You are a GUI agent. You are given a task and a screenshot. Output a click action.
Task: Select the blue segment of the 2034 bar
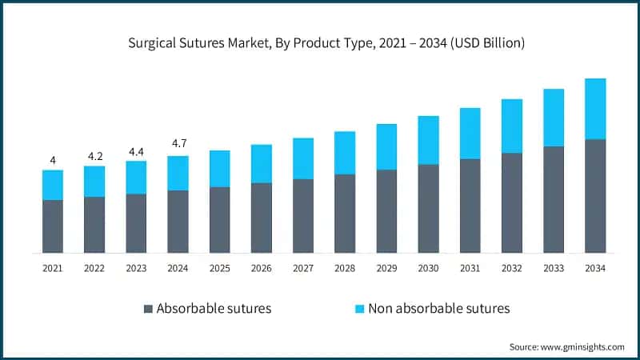tap(595, 109)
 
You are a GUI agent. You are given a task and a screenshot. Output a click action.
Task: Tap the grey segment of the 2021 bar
tap(53, 226)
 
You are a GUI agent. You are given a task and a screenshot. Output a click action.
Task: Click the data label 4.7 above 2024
tap(178, 144)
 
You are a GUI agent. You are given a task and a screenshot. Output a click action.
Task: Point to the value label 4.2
tap(94, 155)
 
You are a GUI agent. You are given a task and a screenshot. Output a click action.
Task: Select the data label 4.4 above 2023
tap(136, 150)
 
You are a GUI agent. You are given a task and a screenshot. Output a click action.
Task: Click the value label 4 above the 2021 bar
tap(53, 160)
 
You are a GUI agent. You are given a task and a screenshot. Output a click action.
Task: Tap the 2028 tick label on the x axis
tap(345, 269)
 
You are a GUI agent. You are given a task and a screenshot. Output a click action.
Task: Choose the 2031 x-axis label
tap(470, 269)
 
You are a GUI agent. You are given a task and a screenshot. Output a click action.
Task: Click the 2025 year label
tap(219, 269)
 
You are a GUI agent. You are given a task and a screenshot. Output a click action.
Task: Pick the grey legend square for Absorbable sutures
tap(147, 308)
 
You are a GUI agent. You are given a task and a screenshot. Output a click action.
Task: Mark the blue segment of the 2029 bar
tap(386, 146)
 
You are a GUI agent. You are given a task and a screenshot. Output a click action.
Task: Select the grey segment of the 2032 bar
tap(512, 202)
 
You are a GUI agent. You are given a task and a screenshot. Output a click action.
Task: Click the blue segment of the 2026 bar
tap(262, 163)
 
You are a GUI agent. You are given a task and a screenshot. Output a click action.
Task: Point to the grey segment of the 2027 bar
tap(303, 216)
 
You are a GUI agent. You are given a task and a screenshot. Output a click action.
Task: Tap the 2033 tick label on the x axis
tap(554, 269)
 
